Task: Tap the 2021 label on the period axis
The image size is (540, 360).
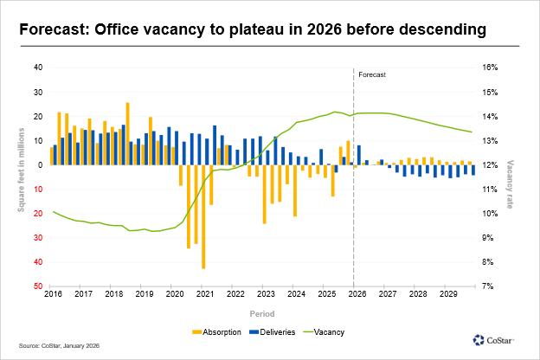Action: (205, 294)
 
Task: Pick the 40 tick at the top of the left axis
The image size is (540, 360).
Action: (38, 67)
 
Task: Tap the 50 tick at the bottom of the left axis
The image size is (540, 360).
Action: (38, 286)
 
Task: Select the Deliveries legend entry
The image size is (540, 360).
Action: (274, 331)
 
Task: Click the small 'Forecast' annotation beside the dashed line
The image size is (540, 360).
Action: (371, 75)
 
